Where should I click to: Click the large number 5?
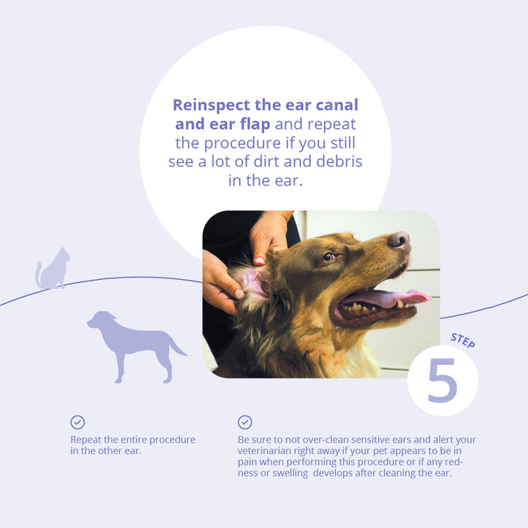click(442, 380)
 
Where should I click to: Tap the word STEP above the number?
click(462, 339)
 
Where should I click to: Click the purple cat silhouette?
click(54, 269)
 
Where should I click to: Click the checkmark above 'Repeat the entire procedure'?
click(78, 422)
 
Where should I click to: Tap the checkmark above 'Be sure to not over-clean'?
click(244, 422)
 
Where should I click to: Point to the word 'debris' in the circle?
click(339, 161)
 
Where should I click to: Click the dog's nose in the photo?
click(399, 241)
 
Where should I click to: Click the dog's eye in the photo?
click(328, 257)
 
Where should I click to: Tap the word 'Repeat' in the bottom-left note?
click(87, 440)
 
